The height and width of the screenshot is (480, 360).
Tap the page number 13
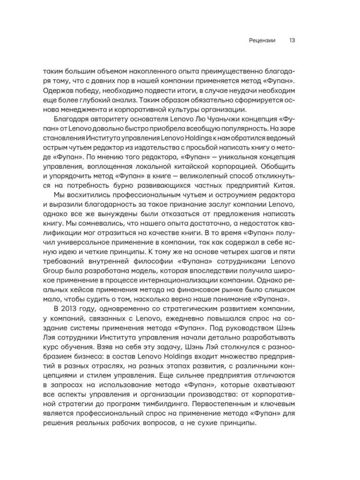tap(292, 40)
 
